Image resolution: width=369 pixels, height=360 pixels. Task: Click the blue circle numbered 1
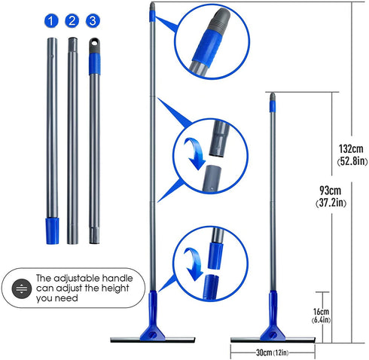tap(51, 21)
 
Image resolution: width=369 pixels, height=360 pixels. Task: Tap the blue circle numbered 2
tap(72, 21)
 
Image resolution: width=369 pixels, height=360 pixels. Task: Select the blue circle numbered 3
tap(93, 21)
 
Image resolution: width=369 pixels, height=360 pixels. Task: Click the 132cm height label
tap(351, 149)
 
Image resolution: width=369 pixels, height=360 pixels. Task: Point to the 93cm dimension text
tap(330, 191)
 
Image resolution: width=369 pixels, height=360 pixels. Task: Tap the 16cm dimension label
tap(321, 312)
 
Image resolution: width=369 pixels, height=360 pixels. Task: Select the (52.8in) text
tap(352, 161)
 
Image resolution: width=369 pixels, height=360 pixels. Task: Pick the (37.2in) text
tap(331, 203)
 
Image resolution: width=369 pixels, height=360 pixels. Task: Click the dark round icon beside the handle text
tap(22, 288)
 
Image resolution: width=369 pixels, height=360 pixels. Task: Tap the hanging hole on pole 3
tap(94, 43)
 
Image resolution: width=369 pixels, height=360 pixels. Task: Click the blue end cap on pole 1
tap(52, 231)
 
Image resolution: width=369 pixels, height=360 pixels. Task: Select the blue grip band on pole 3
tap(95, 64)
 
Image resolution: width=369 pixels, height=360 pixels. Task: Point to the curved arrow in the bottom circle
tap(194, 264)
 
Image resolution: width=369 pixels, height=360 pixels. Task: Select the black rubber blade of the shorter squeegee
tap(273, 340)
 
